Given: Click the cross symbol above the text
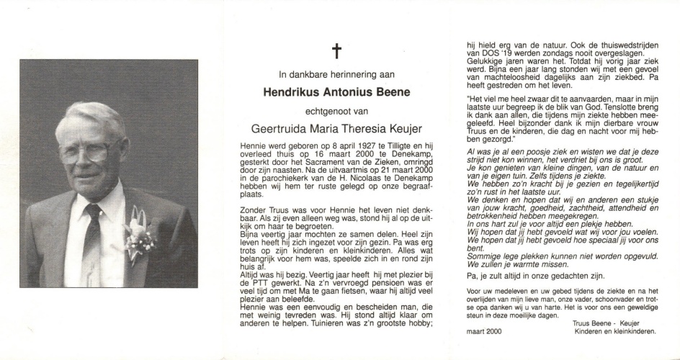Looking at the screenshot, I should (335, 50).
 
